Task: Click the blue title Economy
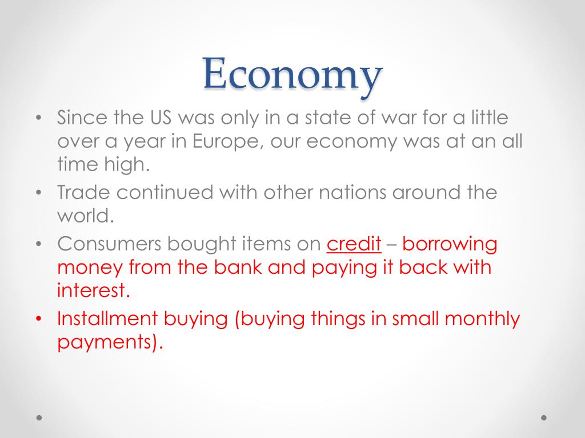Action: tap(293, 75)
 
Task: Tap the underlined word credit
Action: tap(354, 244)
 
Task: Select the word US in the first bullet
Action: tap(161, 117)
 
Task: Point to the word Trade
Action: tap(83, 192)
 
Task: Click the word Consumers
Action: tap(109, 244)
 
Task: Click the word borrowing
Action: tap(450, 245)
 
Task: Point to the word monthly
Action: tap(482, 319)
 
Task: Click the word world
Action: tap(86, 216)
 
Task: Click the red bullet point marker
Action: tap(39, 319)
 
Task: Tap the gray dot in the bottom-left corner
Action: tap(39, 417)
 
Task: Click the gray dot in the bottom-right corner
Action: tap(544, 417)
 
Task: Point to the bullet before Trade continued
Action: tap(39, 193)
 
